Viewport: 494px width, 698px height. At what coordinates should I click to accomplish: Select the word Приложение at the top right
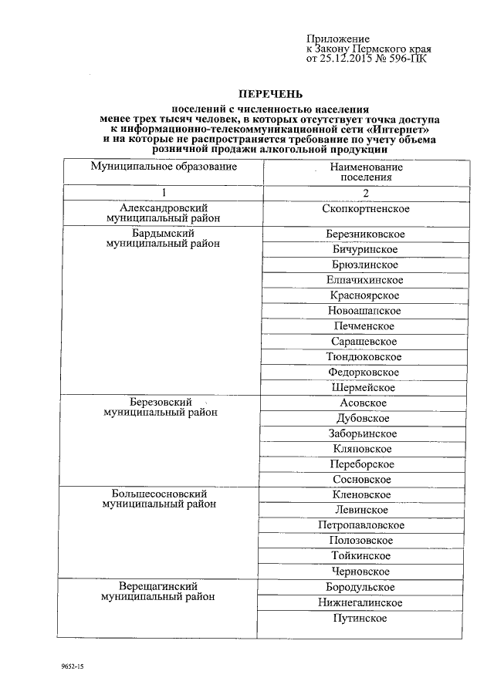click(x=338, y=39)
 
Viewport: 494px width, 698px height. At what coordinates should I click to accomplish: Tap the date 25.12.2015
click(x=347, y=58)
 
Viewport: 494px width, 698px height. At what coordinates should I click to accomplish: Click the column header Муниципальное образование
click(x=163, y=167)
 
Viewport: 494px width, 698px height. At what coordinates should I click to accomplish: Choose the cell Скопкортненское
click(x=366, y=209)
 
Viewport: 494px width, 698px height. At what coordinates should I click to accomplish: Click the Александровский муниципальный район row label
click(x=163, y=214)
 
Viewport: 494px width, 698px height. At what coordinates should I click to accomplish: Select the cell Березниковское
click(x=366, y=234)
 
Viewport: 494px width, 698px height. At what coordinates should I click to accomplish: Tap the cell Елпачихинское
click(x=366, y=280)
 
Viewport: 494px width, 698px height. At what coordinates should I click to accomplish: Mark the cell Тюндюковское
click(x=366, y=357)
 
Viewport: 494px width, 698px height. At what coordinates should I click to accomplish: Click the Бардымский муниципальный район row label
click(x=163, y=238)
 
